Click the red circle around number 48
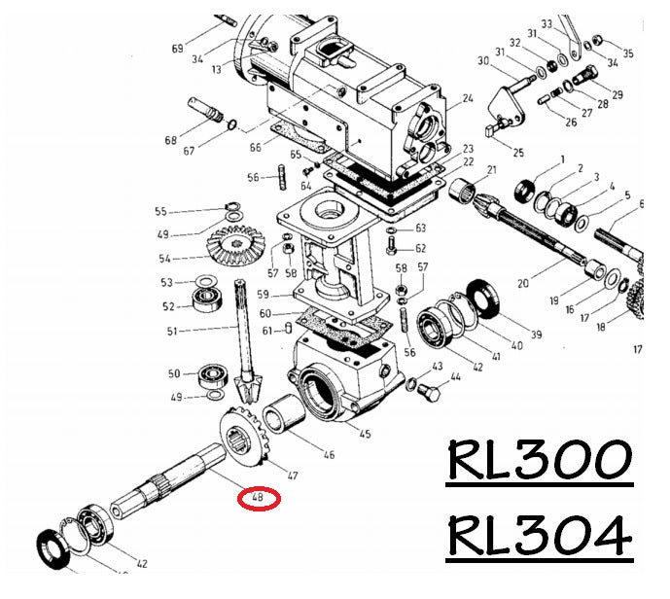(260, 499)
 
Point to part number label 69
(177, 49)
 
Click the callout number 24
(467, 99)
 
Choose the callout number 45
(366, 434)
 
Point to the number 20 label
(522, 284)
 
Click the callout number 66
(256, 147)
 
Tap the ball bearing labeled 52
(207, 304)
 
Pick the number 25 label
(517, 153)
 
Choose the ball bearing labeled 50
(211, 374)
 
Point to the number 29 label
(617, 94)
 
